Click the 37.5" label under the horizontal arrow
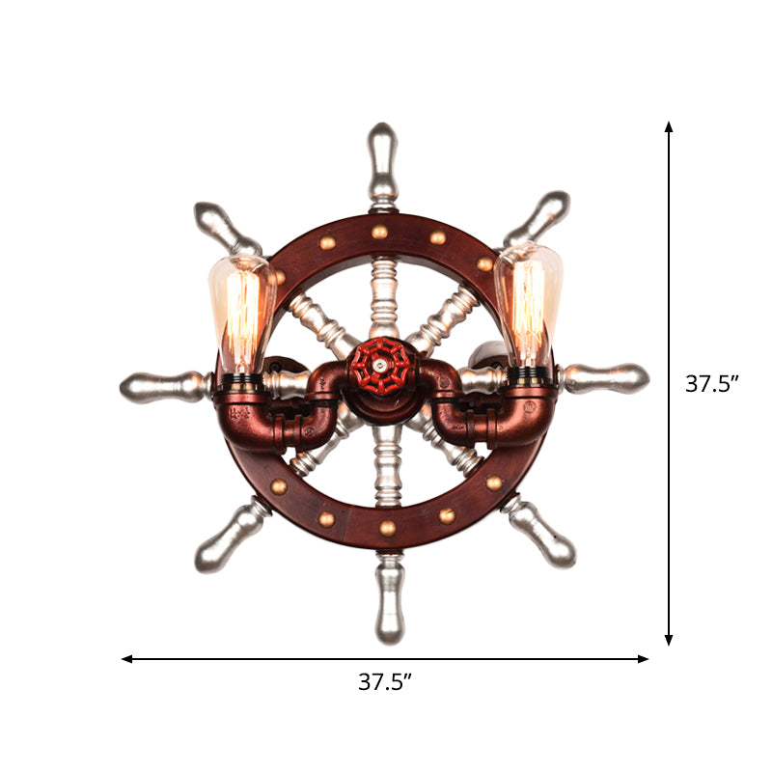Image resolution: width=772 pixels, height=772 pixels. point(385,682)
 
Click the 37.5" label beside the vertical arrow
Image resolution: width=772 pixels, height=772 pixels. point(712,383)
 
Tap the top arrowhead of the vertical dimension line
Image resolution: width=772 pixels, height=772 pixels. point(669,126)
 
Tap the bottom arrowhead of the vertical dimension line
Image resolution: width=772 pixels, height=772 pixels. point(669,640)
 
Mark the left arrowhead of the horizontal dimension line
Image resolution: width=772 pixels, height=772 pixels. point(126,659)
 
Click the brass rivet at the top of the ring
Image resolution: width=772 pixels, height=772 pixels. point(380,232)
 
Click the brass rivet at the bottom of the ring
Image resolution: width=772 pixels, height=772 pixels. point(387,528)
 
